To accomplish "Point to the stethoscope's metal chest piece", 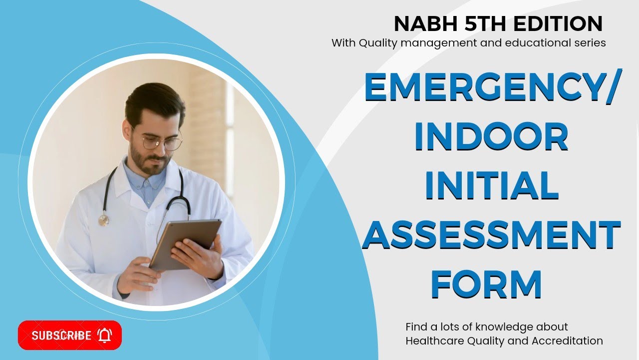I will [103, 220].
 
